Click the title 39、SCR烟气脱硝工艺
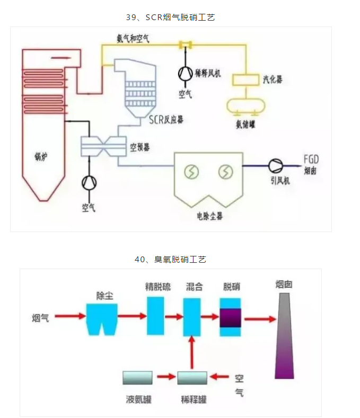pyautogui.click(x=170, y=17)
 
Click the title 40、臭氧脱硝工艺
pyautogui.click(x=170, y=260)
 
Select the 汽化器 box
pyautogui.click(x=245, y=80)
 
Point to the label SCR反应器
pyautogui.click(x=166, y=120)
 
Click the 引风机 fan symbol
pyautogui.click(x=276, y=166)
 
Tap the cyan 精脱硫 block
pyautogui.click(x=155, y=316)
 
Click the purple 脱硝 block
pyautogui.click(x=231, y=317)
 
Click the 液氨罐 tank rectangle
pyautogui.click(x=137, y=378)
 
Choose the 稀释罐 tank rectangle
pyautogui.click(x=192, y=378)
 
